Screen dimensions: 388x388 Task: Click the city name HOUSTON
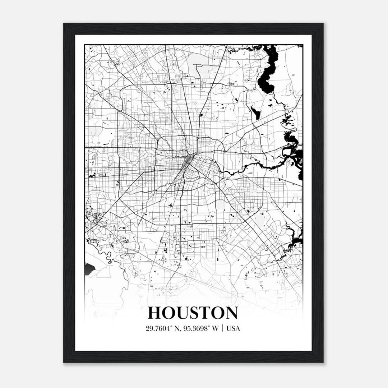[x=193, y=313]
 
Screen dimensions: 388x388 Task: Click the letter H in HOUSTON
[x=155, y=313]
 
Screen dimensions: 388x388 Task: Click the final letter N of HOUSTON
[x=231, y=313]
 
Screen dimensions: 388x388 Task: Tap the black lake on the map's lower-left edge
[x=89, y=270]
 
